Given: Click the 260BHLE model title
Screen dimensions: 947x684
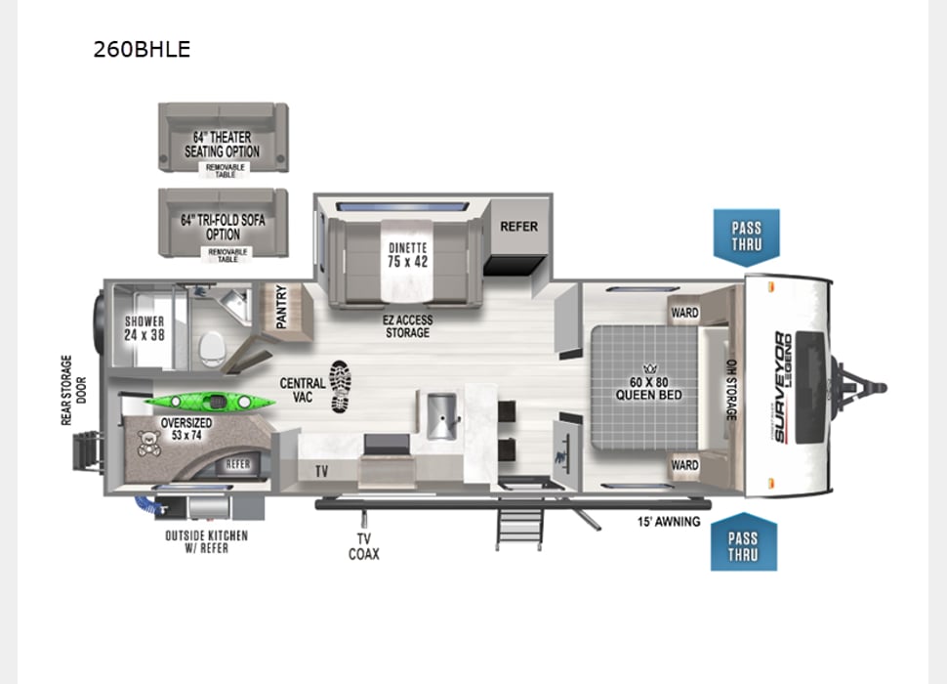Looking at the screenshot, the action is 142,49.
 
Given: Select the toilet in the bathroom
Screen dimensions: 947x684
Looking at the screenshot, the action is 212,347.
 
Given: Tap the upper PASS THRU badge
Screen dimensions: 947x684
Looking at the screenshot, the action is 747,236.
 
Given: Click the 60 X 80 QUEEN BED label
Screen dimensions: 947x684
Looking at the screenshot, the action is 643,389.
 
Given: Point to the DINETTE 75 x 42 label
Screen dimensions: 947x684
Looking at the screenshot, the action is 407,255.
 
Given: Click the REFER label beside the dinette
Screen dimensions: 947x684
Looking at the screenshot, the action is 518,227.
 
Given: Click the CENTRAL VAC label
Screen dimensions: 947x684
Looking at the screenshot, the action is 303,391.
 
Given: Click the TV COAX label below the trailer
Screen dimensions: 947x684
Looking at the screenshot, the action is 364,546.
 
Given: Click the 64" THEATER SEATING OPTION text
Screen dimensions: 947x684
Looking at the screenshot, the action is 223,145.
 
